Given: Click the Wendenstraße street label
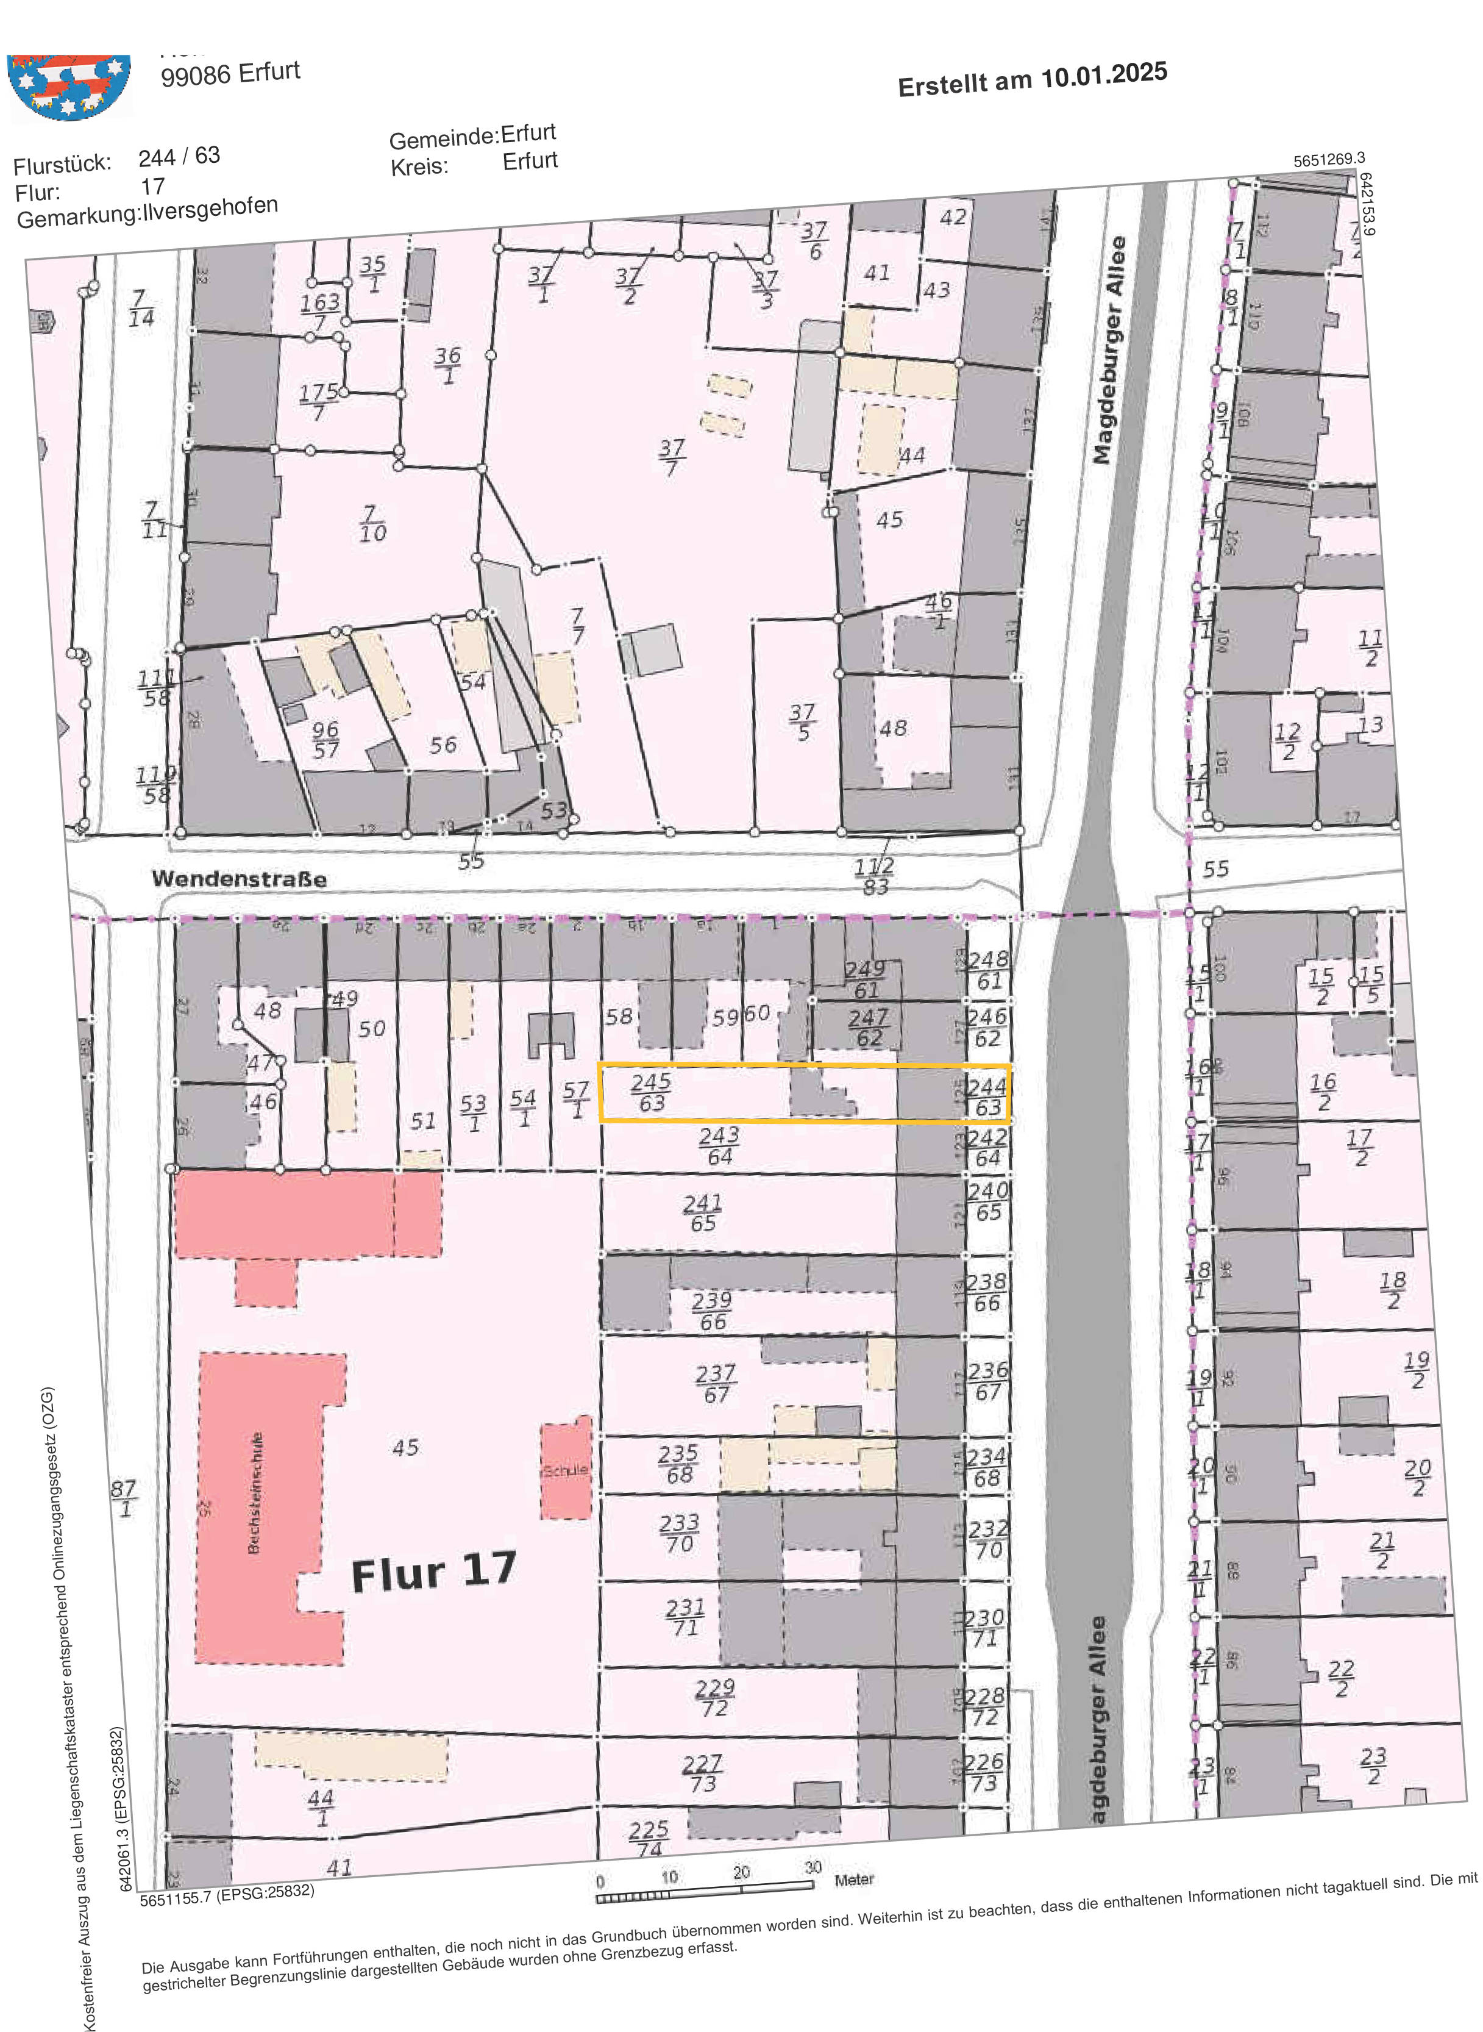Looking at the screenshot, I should point(239,878).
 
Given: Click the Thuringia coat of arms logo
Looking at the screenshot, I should point(69,85).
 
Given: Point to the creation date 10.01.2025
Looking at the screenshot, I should point(1103,76).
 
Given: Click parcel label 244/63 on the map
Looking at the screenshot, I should point(987,1096).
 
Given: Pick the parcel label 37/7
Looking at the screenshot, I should point(672,456).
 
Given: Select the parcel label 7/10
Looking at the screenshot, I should point(372,523).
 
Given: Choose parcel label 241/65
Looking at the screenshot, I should point(702,1212).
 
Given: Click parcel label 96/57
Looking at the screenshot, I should point(325,739).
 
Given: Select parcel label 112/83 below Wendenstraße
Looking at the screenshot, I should point(874,876).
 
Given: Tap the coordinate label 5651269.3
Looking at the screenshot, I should point(1329,160).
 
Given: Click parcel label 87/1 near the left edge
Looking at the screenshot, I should point(124,1498).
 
